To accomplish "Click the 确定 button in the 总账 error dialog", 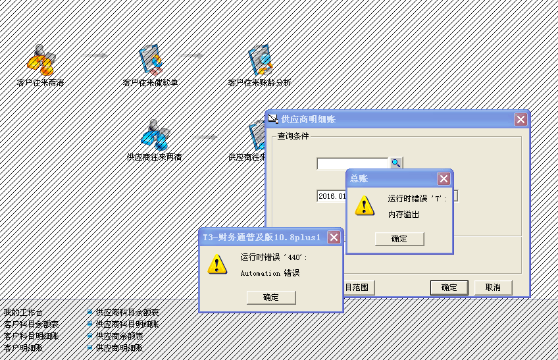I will [399, 239].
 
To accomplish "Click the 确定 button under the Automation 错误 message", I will [271, 297].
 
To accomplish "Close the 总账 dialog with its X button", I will [444, 178].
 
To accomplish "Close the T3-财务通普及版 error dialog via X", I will [334, 237].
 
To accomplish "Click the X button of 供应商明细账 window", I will [520, 119].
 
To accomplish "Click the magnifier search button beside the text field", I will [395, 163].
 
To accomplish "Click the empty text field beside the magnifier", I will [352, 163].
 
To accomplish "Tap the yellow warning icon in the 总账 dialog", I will [365, 205].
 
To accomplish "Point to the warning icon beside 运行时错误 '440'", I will [217, 264].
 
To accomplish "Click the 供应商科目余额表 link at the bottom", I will [127, 313].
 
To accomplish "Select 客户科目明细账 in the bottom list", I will [31, 336].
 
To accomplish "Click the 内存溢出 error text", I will [403, 214].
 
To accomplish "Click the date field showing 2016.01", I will [331, 196].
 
